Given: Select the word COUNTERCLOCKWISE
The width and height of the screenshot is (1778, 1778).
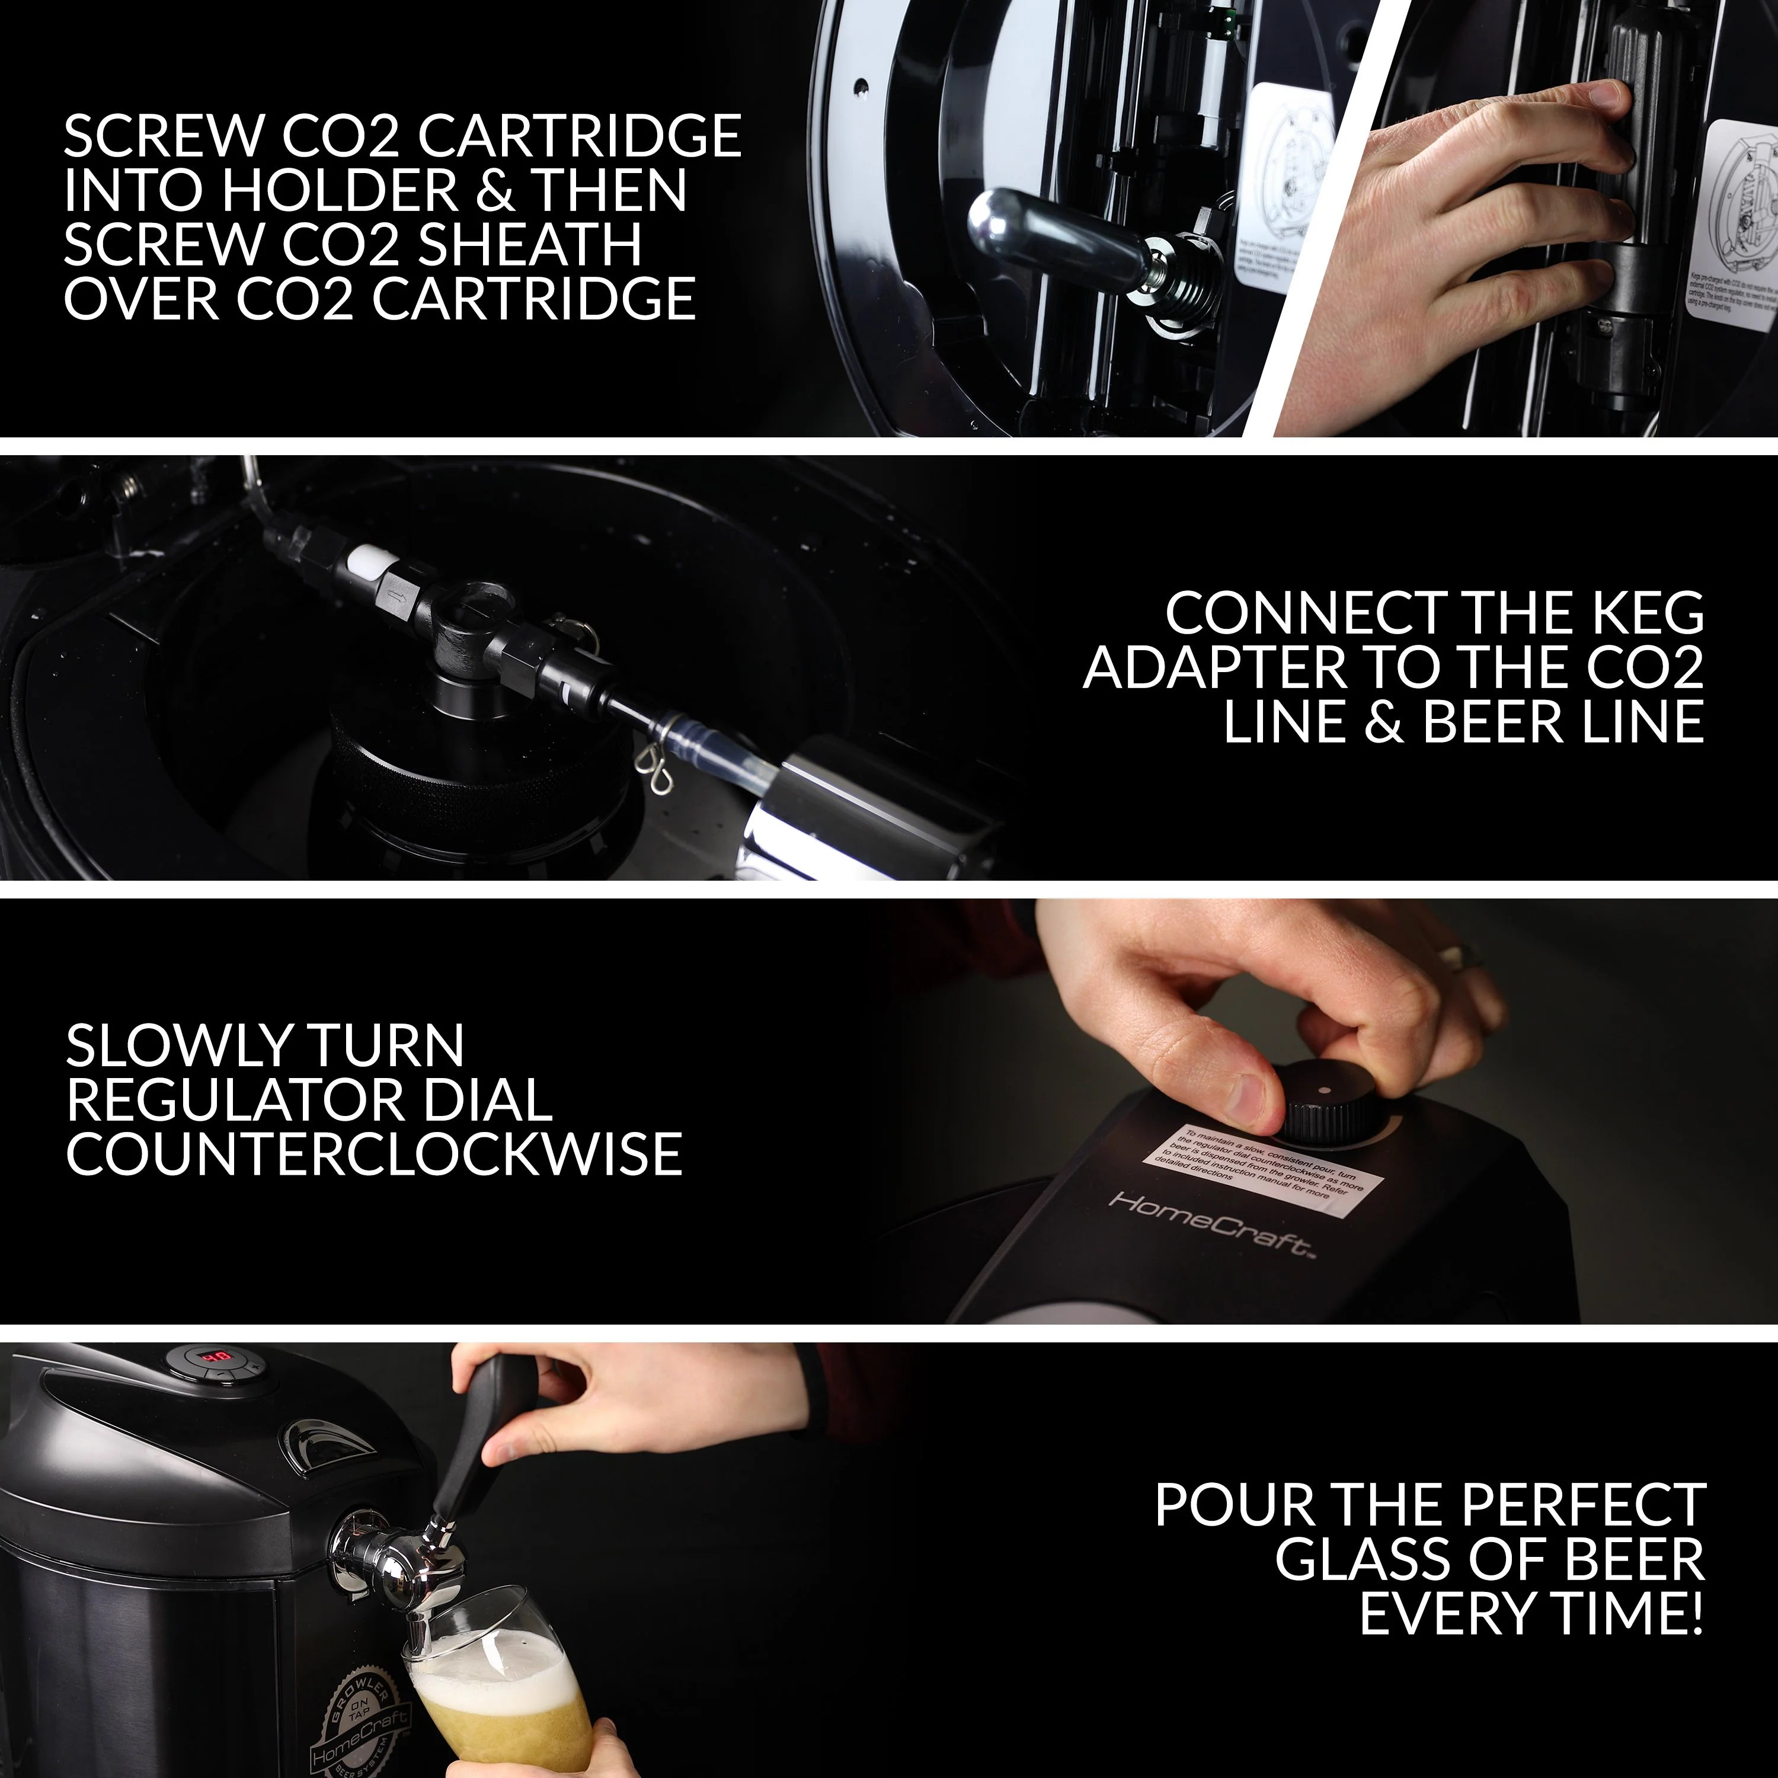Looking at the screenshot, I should click(x=373, y=1153).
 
